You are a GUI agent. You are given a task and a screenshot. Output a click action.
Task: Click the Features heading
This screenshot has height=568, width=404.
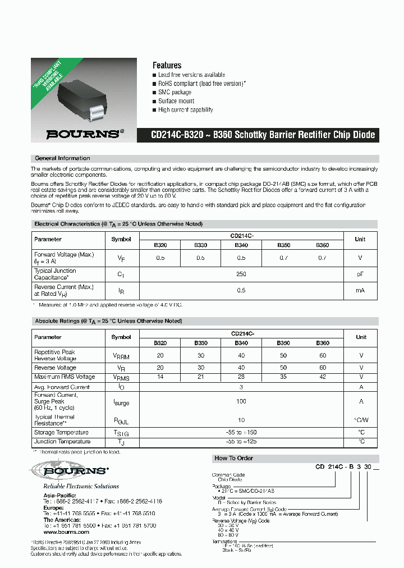tap(167, 65)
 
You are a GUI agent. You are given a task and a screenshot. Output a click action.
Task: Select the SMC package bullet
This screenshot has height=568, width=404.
tap(175, 92)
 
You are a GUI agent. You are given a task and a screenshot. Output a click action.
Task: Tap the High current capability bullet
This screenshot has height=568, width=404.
tap(185, 110)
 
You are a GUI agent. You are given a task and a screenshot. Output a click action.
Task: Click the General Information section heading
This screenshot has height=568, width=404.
tap(62, 158)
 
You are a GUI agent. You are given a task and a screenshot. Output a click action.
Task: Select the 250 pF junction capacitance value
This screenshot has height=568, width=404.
tap(241, 274)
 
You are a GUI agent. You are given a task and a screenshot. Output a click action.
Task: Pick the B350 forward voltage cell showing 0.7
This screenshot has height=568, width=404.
tap(284, 258)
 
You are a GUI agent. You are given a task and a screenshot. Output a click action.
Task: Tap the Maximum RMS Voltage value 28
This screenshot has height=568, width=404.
tap(241, 377)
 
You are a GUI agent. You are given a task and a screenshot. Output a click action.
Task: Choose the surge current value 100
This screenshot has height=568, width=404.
tap(241, 401)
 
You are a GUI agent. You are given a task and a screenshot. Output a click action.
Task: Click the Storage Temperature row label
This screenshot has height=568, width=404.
tap(61, 433)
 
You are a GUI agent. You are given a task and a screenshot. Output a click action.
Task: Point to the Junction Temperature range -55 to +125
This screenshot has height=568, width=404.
tap(241, 442)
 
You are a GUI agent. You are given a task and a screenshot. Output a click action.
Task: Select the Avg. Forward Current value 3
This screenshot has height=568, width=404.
tap(241, 387)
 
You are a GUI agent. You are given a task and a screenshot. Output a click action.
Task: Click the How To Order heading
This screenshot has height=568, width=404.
tap(233, 458)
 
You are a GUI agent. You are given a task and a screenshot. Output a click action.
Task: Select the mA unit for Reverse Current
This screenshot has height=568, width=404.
tap(360, 290)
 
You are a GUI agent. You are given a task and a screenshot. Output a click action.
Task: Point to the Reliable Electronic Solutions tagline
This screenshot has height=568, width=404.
tap(81, 486)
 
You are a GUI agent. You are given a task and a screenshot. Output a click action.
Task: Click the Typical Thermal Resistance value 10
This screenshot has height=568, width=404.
tap(241, 420)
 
